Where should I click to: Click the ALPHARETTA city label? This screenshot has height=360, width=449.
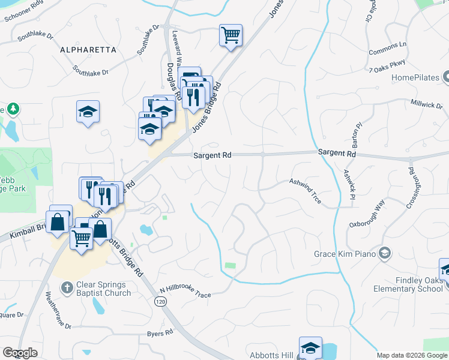(x=88, y=50)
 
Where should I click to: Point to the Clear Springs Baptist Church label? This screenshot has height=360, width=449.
(x=103, y=289)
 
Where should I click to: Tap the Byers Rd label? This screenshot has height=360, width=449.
(x=159, y=333)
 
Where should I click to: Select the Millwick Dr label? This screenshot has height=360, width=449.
(x=426, y=104)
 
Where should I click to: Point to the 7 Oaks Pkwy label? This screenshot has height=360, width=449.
(x=387, y=67)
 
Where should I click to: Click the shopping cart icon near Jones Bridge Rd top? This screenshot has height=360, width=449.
(x=230, y=36)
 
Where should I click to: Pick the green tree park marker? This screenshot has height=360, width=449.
(x=13, y=109)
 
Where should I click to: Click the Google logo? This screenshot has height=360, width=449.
(x=19, y=353)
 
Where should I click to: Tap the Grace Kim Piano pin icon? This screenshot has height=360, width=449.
(x=385, y=254)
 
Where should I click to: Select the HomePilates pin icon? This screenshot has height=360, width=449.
(x=447, y=77)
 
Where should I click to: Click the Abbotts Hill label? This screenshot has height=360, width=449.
(x=271, y=355)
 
